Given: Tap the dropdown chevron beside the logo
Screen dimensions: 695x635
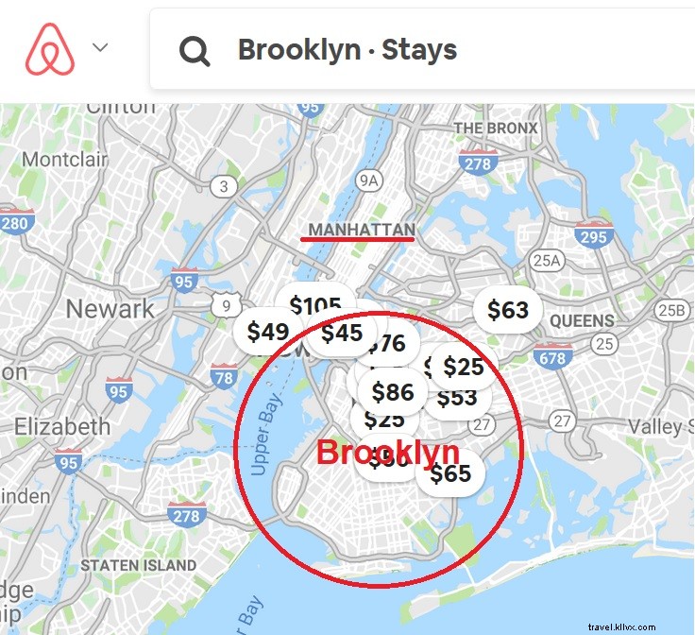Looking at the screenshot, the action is click(101, 46).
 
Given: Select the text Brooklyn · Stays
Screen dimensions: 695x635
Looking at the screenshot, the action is click(347, 49).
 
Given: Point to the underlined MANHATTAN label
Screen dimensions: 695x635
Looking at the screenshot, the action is click(362, 230).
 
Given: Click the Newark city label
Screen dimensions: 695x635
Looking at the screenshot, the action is click(110, 308).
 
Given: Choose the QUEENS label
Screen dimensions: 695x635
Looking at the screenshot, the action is click(582, 321).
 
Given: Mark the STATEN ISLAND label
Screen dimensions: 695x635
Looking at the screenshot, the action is click(139, 565).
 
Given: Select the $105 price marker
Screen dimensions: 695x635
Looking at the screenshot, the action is click(315, 305).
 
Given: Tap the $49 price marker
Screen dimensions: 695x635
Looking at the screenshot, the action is click(267, 332).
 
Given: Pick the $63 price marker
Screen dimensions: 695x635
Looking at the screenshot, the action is click(508, 309).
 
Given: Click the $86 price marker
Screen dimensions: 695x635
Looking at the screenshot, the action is click(393, 391).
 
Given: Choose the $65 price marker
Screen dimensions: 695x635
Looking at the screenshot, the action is click(450, 472).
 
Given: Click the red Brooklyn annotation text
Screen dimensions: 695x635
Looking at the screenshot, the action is click(387, 453).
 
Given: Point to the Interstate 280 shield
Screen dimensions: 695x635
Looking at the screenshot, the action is click(14, 222).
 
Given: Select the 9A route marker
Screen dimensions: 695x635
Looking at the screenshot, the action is click(369, 180).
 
